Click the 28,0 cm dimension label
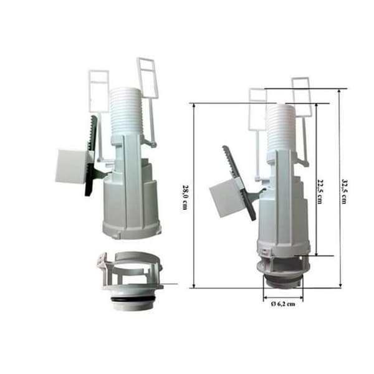tap(185, 197)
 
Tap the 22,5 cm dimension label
tap(320, 191)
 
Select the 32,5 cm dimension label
tap(344, 191)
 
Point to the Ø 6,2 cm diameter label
tap(283, 304)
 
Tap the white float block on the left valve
tap(71, 166)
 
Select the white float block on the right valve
tap(226, 199)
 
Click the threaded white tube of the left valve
tap(126, 112)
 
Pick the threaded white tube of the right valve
tap(280, 128)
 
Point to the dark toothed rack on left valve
tap(91, 155)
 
